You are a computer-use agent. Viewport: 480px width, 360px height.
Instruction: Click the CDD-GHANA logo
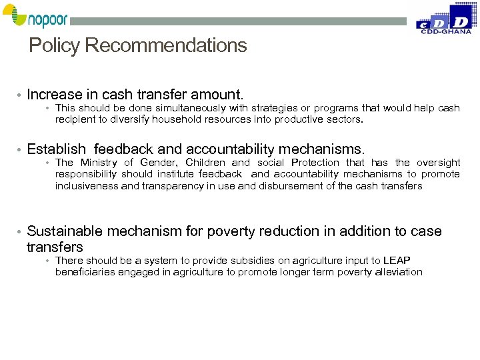click(443, 18)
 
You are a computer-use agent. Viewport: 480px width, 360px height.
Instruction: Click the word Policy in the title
click(55, 46)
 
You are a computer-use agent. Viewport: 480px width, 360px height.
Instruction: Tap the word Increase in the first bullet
click(55, 95)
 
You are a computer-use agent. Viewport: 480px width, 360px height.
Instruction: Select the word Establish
click(57, 149)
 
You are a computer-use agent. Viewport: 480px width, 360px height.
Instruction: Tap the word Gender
click(158, 163)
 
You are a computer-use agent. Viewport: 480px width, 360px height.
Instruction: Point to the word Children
click(205, 163)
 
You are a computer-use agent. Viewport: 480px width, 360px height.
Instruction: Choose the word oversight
click(438, 163)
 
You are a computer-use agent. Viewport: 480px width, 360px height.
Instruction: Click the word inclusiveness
click(87, 186)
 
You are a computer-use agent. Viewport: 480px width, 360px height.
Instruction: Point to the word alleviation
click(397, 272)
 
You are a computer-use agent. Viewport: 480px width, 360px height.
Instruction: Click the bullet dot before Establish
click(21, 150)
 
